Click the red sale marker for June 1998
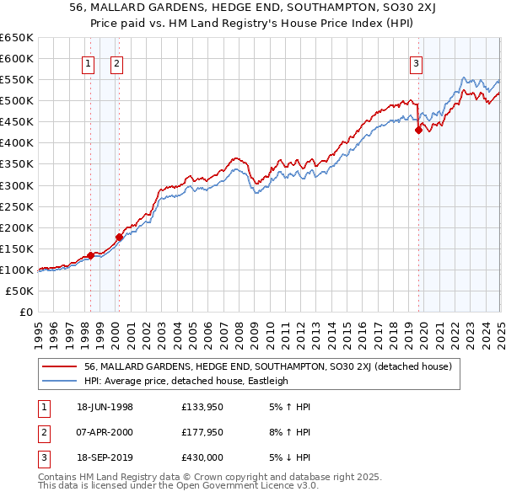point(90,255)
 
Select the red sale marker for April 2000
point(119,237)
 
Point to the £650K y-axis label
point(17,38)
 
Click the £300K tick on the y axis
point(17,185)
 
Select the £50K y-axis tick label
point(19,291)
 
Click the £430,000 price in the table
point(202,457)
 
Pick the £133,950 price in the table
point(202,407)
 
